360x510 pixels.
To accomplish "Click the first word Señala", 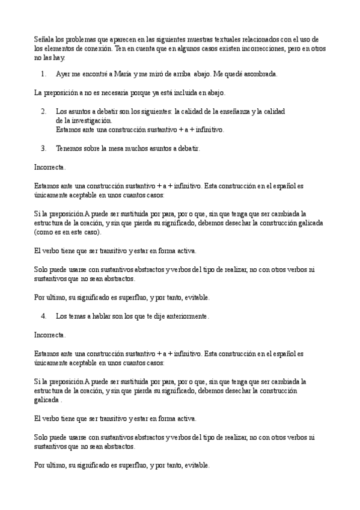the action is [x=44, y=39].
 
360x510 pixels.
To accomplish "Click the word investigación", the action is [x=91, y=120].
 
